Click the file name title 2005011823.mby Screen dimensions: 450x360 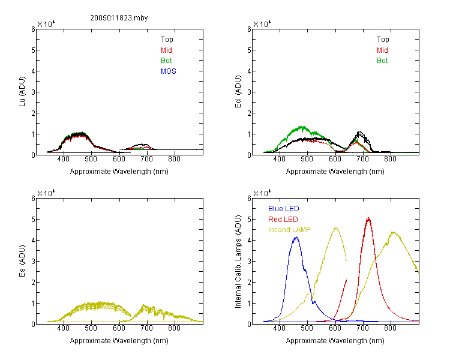119,18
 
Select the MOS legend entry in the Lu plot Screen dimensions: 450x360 169,71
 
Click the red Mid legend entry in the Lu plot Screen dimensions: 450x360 166,50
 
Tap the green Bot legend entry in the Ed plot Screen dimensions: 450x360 382,61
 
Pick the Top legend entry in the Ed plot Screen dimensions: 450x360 383,40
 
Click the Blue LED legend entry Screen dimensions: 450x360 284,209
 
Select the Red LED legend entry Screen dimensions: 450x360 283,220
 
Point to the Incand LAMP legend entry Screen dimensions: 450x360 289,230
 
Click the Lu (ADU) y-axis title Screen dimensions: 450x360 22,92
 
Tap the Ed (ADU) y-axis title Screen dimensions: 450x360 238,92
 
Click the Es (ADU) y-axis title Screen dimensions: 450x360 22,261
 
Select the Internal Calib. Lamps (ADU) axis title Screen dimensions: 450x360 238,262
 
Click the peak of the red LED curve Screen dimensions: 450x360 368,218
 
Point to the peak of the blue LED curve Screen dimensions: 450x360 296,237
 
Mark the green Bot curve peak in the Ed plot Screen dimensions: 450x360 301,126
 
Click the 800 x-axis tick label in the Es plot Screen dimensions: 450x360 174,328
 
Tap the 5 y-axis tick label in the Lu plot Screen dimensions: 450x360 33,50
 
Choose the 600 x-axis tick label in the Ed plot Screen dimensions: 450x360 335,159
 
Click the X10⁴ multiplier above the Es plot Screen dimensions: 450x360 46,193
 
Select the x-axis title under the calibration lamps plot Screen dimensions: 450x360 335,341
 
